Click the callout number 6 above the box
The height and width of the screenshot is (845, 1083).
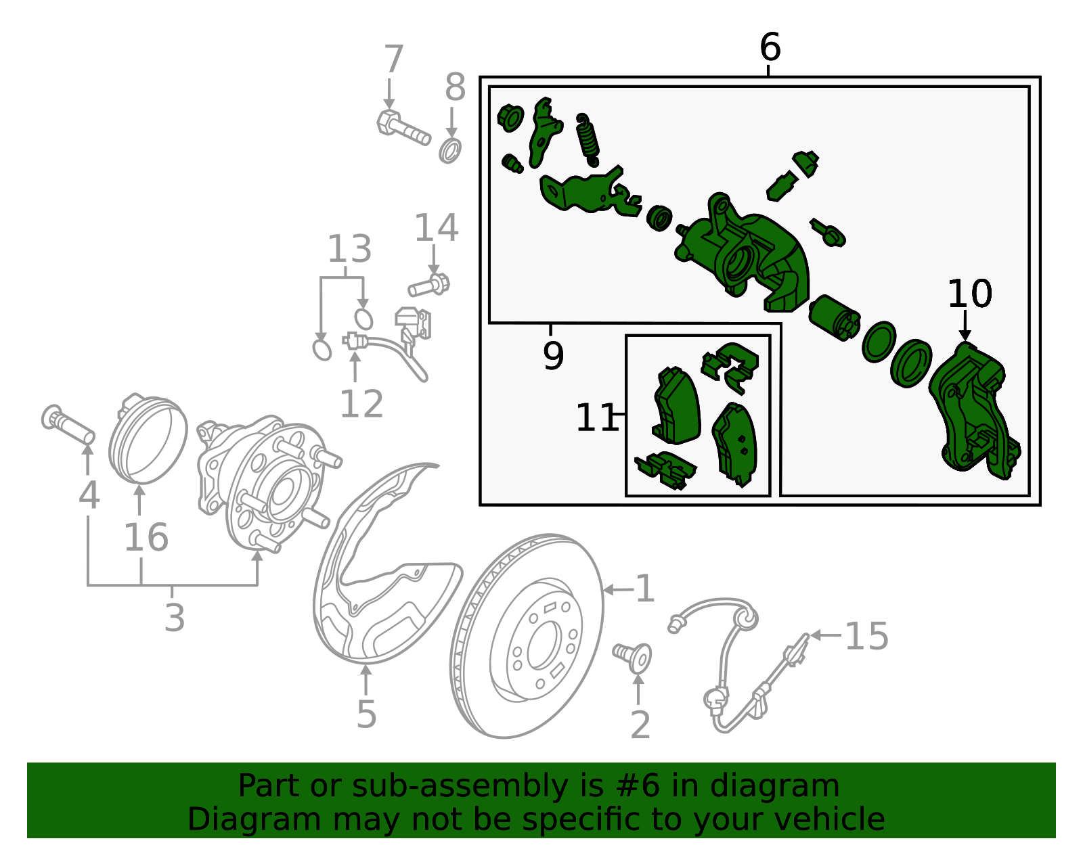click(770, 47)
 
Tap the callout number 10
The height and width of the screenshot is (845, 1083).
click(969, 294)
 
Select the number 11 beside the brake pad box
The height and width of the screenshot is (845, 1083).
click(596, 417)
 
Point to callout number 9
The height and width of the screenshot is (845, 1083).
click(553, 356)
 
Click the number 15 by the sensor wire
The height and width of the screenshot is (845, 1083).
click(866, 636)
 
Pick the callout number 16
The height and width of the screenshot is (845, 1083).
click(146, 537)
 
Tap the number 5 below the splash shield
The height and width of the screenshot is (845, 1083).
click(366, 714)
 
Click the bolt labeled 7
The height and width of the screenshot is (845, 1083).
click(403, 128)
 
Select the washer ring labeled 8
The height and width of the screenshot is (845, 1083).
click(449, 151)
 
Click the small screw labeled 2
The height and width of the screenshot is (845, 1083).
click(632, 658)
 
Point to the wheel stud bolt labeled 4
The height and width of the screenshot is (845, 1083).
click(68, 424)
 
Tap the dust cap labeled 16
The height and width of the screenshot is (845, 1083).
click(148, 438)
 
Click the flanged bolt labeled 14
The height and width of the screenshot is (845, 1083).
click(428, 286)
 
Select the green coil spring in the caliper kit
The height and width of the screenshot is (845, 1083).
click(588, 140)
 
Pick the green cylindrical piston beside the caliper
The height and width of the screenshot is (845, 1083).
click(835, 318)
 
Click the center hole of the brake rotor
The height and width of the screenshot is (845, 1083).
click(544, 645)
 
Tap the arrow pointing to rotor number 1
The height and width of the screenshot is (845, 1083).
click(618, 589)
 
